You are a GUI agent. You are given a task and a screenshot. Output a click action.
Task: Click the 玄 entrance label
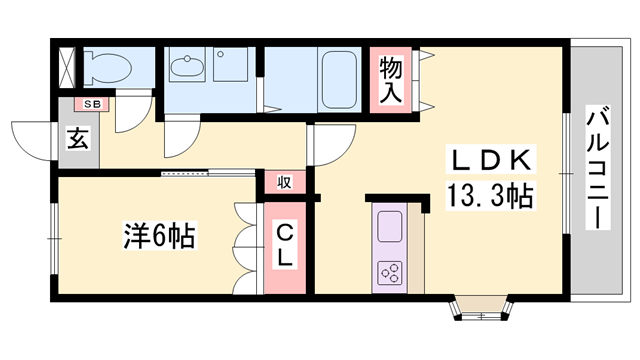coord(77,137)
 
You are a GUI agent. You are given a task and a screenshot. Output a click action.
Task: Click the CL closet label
coord(285,246)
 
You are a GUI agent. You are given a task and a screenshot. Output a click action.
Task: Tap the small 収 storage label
coord(285,182)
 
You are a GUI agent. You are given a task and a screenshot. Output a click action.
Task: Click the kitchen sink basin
coord(390,226)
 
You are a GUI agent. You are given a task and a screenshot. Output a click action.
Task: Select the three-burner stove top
coord(390,272)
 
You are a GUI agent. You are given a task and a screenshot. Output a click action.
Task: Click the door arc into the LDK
coord(330,145)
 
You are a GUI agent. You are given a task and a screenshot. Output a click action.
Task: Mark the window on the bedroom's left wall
coord(52,239)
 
